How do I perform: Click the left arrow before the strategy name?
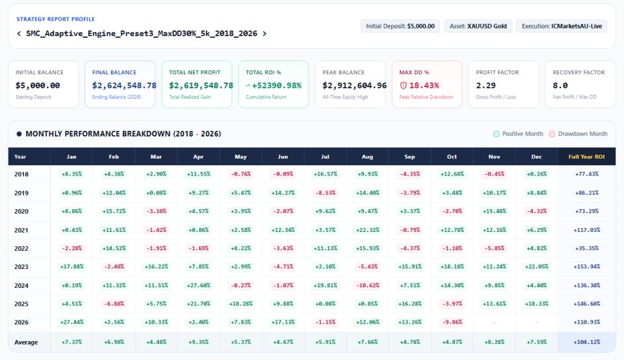19,34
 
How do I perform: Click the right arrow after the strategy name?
265,34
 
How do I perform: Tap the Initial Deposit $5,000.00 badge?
400,26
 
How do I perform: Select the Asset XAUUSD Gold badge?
478,26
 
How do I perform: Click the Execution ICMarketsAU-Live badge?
562,26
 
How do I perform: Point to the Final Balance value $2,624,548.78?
124,86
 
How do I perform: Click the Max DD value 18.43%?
419,86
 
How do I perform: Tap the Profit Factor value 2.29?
486,86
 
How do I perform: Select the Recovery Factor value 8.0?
560,86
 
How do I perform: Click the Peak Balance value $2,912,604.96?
355,86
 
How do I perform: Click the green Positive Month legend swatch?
496,134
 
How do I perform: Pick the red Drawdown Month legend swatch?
552,134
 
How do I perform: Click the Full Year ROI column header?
586,157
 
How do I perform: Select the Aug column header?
367,157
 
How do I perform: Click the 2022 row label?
21,249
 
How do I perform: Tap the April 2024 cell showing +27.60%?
198,285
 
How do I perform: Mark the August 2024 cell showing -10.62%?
367,285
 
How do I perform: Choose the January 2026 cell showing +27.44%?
71,322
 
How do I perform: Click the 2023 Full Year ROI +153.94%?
586,266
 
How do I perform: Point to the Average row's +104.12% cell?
586,342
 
